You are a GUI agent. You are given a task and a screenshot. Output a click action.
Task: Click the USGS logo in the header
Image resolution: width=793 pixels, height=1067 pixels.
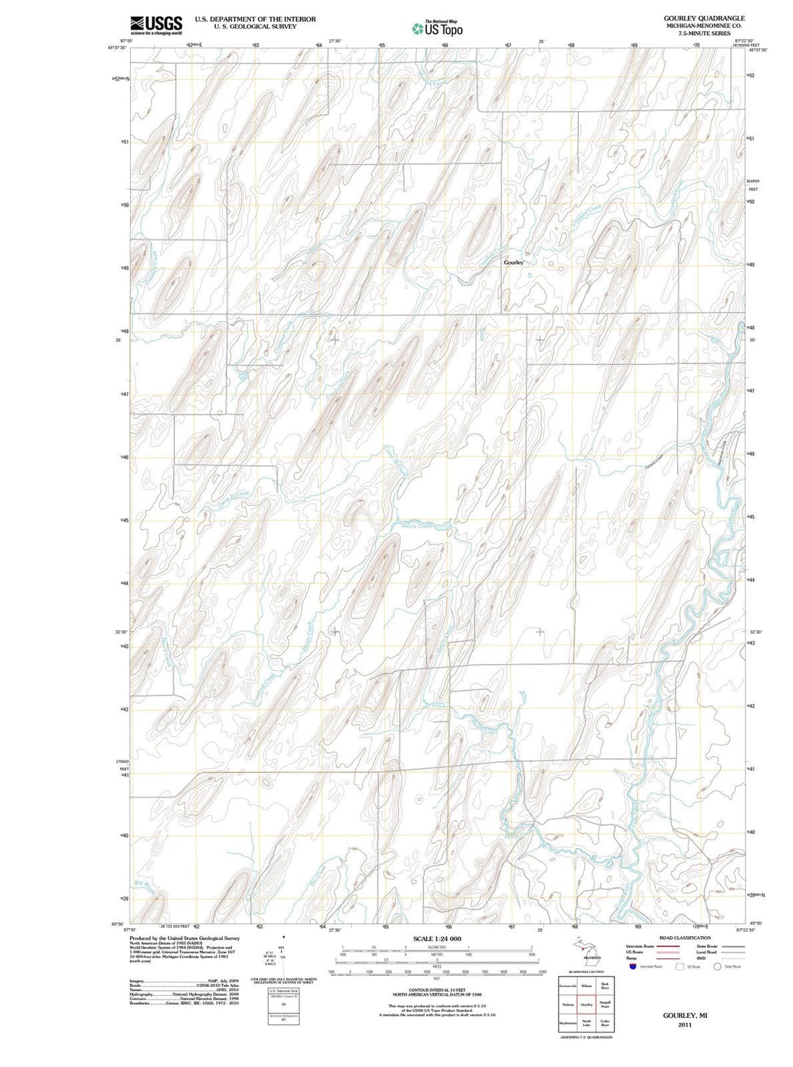coord(156,26)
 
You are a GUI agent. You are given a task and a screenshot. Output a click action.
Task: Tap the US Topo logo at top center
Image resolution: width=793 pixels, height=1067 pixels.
coord(437,29)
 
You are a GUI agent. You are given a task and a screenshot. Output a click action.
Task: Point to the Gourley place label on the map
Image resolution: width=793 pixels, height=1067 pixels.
coord(513,262)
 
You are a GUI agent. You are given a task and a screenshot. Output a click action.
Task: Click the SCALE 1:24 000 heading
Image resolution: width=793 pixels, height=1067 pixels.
coord(437,938)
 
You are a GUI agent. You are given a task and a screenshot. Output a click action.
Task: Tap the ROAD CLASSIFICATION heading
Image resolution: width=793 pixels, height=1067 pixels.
coord(684,938)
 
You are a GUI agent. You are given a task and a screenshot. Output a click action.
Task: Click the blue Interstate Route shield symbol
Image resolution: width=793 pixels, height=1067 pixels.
coord(632,966)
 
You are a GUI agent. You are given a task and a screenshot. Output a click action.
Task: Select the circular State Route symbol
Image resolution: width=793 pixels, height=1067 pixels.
coord(717,966)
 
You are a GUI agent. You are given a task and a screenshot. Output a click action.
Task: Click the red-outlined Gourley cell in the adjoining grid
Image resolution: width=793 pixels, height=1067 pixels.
coord(586,1004)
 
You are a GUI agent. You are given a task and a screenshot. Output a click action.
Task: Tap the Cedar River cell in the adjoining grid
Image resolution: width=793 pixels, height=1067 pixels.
coord(605,1024)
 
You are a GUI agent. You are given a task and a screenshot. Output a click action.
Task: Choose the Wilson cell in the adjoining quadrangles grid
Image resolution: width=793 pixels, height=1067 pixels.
coord(586,985)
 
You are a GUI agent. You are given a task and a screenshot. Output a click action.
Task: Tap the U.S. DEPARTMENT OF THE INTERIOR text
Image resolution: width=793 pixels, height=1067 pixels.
coord(255,19)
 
